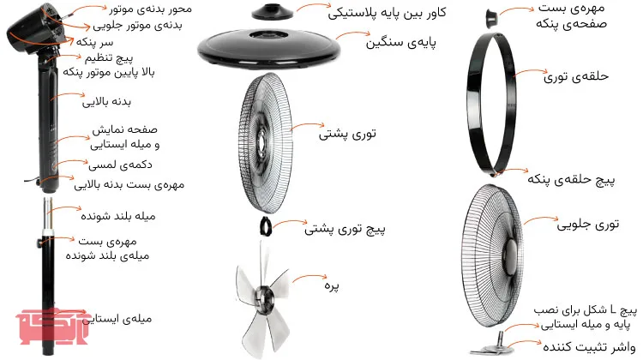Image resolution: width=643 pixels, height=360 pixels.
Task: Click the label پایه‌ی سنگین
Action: (x=400, y=43)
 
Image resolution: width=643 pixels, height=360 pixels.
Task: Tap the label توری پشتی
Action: (x=347, y=134)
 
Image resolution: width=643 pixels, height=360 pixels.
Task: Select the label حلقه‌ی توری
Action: (x=576, y=76)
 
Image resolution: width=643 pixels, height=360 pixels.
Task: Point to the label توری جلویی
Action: (x=587, y=225)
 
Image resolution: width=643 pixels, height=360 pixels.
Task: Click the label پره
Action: (x=331, y=285)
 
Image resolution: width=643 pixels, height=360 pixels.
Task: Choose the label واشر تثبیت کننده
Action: (x=589, y=347)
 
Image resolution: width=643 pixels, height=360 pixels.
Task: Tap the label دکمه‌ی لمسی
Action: (x=120, y=165)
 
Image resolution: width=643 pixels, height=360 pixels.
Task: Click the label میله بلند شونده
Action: (x=118, y=216)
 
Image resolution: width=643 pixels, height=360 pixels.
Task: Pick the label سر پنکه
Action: (x=94, y=42)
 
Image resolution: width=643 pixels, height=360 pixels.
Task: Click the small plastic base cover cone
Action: (x=273, y=12)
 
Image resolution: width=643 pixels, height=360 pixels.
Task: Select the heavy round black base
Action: (x=269, y=47)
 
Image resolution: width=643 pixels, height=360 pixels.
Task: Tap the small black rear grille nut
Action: (x=265, y=226)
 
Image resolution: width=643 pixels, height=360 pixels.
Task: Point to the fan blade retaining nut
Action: (x=491, y=19)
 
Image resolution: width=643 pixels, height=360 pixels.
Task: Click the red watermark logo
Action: (x=52, y=326)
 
